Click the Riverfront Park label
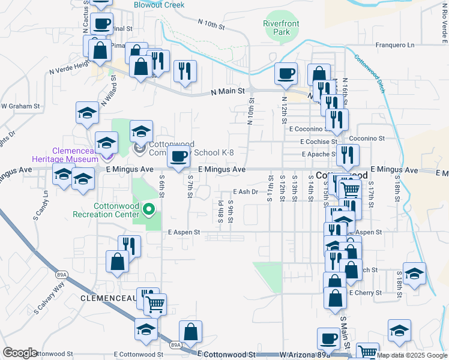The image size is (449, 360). pyautogui.click(x=281, y=28)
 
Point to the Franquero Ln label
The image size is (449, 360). pyautogui.click(x=394, y=45)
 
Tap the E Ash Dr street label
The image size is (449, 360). pyautogui.click(x=245, y=192)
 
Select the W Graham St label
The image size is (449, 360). pyautogui.click(x=20, y=106)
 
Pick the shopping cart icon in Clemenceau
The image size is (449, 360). pyautogui.click(x=155, y=304)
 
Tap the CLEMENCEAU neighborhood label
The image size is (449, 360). pyautogui.click(x=108, y=298)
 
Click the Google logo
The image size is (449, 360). pyautogui.click(x=20, y=353)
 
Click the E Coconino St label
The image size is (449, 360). pyautogui.click(x=307, y=129)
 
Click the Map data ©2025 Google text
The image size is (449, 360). pyautogui.click(x=412, y=355)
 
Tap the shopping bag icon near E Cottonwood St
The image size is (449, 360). pyautogui.click(x=190, y=331)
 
